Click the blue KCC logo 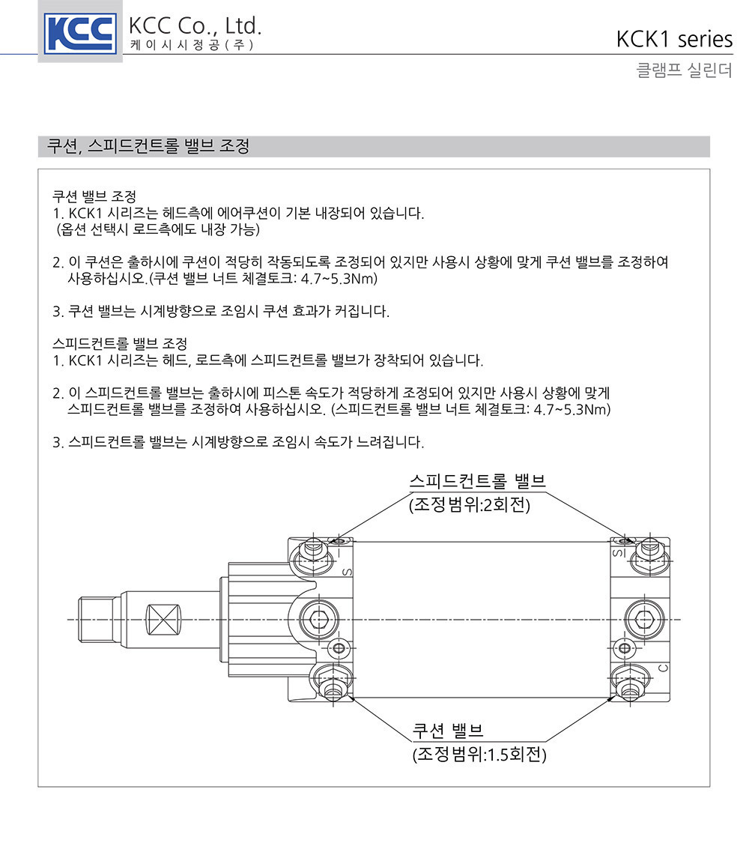(80, 34)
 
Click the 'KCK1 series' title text (674, 40)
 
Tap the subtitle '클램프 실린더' (684, 70)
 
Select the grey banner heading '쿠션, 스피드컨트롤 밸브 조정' (148, 145)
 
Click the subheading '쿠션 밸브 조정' (94, 196)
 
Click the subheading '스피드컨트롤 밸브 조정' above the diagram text (120, 343)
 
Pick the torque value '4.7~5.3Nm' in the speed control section (572, 409)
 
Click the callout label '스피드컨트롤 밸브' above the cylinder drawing (477, 481)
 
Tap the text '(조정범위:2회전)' (470, 504)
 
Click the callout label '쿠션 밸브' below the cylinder (448, 731)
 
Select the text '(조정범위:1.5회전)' (479, 755)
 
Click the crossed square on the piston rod (163, 620)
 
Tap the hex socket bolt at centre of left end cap (320, 620)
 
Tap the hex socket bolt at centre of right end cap (644, 620)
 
